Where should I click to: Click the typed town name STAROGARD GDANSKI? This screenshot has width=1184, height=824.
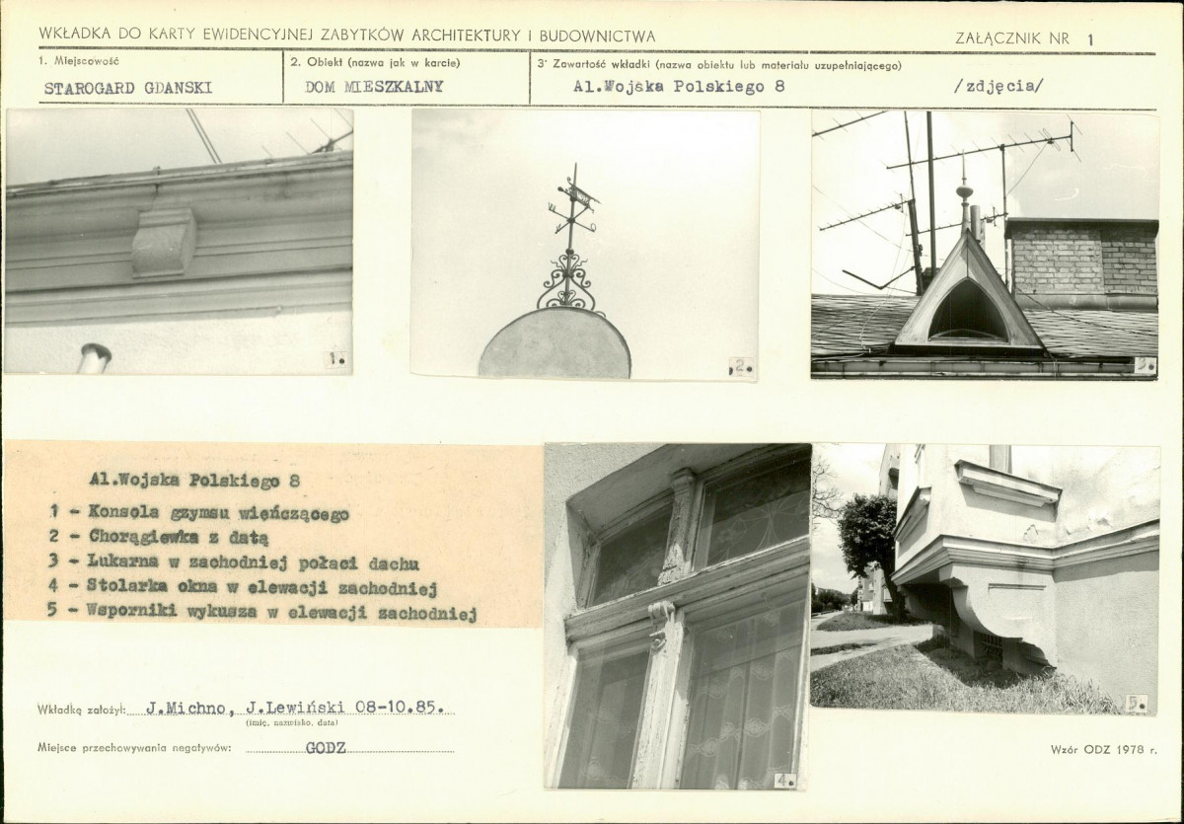(x=128, y=88)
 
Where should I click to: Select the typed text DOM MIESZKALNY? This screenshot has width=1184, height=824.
(x=374, y=87)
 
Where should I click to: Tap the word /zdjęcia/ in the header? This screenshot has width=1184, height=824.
(x=999, y=86)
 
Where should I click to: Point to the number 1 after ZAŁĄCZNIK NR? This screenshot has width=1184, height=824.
(x=1090, y=39)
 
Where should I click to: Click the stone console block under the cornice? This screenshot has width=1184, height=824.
(x=163, y=242)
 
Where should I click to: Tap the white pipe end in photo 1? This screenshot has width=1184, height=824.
(x=94, y=358)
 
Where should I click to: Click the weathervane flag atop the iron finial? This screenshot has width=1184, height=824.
(x=582, y=193)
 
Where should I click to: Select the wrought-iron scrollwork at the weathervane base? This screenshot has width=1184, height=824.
(x=566, y=284)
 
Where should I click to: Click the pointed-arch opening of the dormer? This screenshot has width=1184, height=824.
(x=967, y=311)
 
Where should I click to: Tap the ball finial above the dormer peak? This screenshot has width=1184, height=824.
(x=964, y=190)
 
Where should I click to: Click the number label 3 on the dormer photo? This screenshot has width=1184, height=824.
(x=1145, y=366)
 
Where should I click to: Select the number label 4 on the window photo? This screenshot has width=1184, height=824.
(x=785, y=781)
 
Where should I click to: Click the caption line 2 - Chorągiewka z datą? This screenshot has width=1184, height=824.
(x=159, y=537)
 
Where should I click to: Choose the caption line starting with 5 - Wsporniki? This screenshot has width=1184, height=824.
(x=262, y=612)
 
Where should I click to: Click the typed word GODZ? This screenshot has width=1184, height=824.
(x=326, y=748)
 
